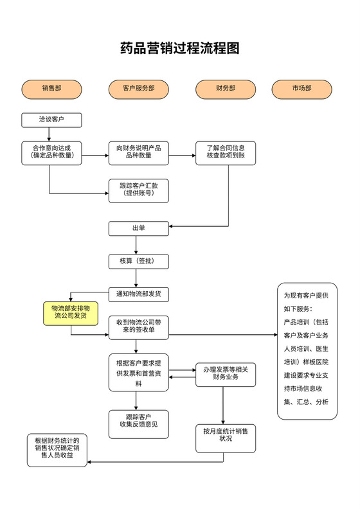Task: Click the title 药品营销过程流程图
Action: click(180, 48)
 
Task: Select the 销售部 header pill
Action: click(52, 89)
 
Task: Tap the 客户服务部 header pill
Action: click(138, 89)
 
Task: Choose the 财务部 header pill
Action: click(225, 89)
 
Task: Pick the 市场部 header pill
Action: click(301, 89)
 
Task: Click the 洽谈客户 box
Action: click(51, 120)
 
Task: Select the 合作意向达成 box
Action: click(52, 153)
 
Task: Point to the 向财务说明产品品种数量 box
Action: click(138, 153)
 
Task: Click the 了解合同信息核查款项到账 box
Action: click(226, 153)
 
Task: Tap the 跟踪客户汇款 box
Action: click(138, 190)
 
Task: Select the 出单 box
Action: click(138, 228)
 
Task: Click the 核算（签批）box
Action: click(138, 261)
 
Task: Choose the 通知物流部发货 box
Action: click(138, 294)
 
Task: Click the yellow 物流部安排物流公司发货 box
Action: click(70, 312)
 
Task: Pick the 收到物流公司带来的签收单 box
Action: click(138, 327)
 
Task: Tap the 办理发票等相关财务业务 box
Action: click(226, 373)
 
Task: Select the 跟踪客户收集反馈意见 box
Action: click(138, 422)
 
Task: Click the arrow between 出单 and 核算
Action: click(136, 245)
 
